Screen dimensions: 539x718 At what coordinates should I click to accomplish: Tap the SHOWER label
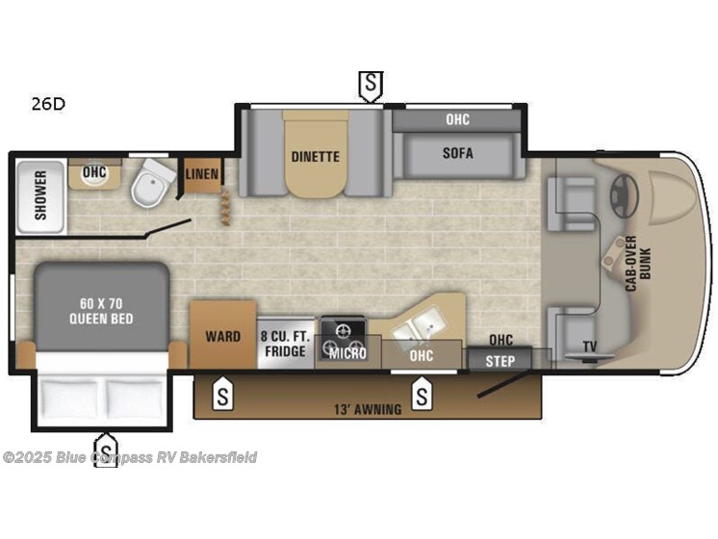(40, 195)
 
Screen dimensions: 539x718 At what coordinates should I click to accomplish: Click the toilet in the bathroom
(149, 186)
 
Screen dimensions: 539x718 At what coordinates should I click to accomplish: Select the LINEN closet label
(202, 174)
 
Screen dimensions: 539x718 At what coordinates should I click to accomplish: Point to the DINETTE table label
(316, 156)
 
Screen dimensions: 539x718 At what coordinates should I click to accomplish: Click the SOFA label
(458, 153)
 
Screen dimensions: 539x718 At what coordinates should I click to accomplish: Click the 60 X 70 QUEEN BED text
(100, 311)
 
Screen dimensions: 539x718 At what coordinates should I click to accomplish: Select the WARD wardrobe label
(222, 337)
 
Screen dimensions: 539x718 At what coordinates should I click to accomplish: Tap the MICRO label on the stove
(344, 353)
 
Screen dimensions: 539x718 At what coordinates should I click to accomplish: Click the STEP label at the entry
(500, 361)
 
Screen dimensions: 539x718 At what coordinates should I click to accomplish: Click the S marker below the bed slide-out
(104, 448)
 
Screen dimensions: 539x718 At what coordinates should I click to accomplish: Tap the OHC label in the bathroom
(93, 173)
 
